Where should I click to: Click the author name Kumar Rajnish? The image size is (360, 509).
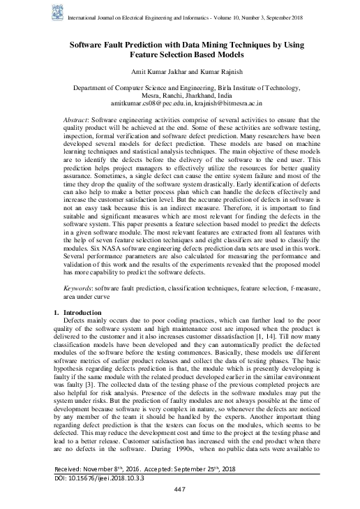coord(216,73)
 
